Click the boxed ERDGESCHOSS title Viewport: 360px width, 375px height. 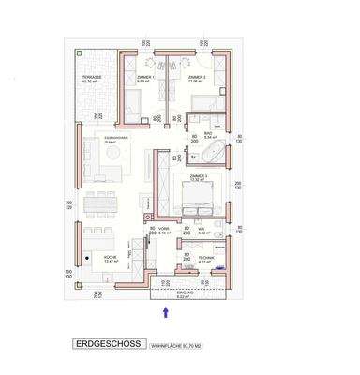pos(108,344)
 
